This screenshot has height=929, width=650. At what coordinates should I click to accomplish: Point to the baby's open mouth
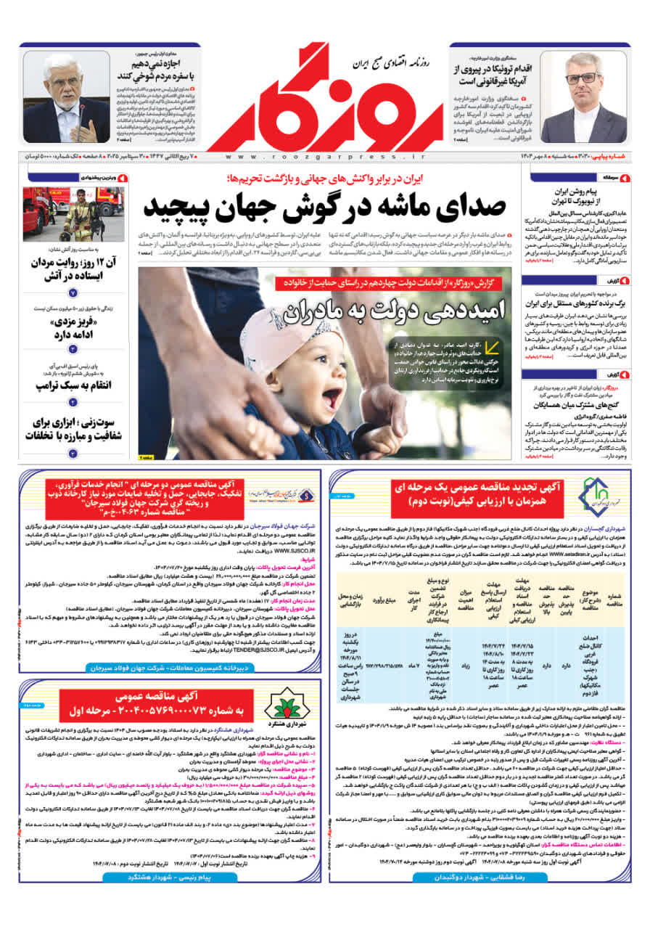332,398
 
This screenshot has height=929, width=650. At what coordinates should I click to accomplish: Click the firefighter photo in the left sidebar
73,214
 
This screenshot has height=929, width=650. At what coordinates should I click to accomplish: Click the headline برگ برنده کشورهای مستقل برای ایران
571,302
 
